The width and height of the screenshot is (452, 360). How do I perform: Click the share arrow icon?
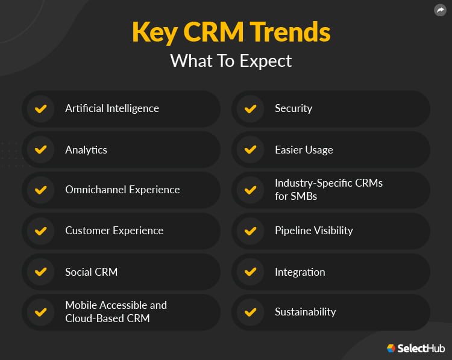[440, 10]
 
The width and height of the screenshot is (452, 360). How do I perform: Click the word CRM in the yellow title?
[213, 32]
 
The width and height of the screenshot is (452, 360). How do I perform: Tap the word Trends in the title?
[290, 32]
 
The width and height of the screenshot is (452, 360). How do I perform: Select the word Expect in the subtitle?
[266, 61]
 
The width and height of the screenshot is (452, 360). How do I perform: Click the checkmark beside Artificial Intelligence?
[40, 109]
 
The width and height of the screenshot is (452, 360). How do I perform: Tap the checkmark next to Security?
[250, 109]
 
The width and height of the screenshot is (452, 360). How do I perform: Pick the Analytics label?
[86, 150]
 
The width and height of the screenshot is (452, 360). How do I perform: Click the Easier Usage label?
[304, 150]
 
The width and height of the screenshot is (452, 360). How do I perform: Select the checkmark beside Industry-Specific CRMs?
[250, 190]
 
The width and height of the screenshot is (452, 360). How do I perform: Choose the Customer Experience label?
[114, 231]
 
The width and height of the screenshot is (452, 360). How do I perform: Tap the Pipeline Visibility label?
[314, 231]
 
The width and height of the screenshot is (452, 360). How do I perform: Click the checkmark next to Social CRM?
[40, 272]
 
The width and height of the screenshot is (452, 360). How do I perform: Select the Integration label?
[300, 272]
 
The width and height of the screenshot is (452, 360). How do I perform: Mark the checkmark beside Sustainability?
[250, 312]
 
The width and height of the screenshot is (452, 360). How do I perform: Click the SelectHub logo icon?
[391, 348]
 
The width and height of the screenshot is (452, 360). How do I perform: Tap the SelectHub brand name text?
[421, 349]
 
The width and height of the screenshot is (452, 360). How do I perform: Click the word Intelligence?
[133, 109]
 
